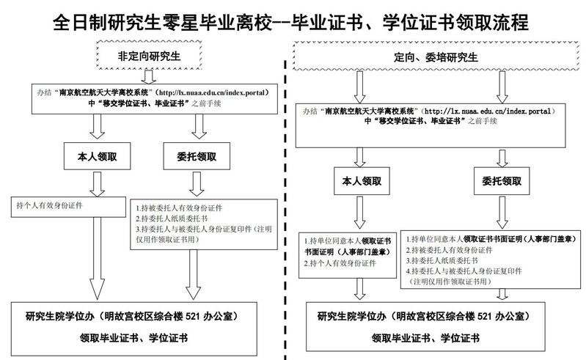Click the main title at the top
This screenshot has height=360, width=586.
tap(292, 22)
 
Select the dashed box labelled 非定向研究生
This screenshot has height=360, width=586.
tap(150, 56)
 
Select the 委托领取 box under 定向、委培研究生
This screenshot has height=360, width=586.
tap(501, 179)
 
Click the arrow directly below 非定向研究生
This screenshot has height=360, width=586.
tap(149, 76)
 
